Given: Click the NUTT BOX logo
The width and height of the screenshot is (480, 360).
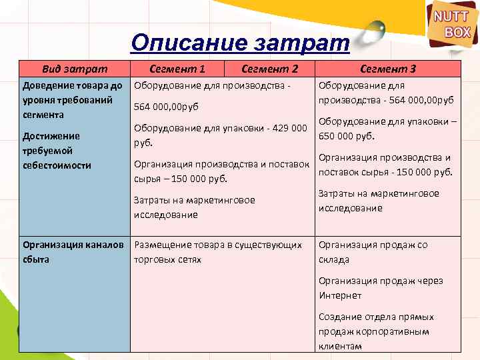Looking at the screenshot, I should click(x=453, y=25).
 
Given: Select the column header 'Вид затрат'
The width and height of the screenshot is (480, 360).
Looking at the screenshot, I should click(x=74, y=68).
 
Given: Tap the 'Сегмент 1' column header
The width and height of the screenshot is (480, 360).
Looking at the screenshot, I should click(x=177, y=68).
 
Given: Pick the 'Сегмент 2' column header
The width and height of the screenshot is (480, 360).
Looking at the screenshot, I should click(x=269, y=68).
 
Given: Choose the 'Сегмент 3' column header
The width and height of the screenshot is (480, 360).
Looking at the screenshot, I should click(x=388, y=68).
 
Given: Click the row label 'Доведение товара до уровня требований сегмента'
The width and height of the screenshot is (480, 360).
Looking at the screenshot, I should click(x=72, y=100).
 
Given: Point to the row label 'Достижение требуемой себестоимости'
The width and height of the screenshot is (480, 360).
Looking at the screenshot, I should click(x=57, y=151).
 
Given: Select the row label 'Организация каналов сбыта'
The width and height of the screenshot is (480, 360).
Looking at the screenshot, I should click(x=73, y=252).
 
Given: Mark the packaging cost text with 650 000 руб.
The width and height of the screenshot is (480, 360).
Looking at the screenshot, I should click(x=387, y=129).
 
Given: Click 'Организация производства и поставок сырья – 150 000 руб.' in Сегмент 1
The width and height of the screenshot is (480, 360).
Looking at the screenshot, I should click(x=221, y=171).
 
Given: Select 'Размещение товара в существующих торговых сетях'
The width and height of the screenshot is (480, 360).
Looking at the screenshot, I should click(x=218, y=252).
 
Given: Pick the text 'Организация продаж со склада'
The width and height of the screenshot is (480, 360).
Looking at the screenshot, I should click(x=373, y=252).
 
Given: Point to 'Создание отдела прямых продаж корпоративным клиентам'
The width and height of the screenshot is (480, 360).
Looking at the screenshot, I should click(x=373, y=331).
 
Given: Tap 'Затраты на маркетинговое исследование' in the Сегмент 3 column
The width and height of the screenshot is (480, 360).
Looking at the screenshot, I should click(x=379, y=201).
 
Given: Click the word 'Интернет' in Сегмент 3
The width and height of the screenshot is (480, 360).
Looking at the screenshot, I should click(x=340, y=295).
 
